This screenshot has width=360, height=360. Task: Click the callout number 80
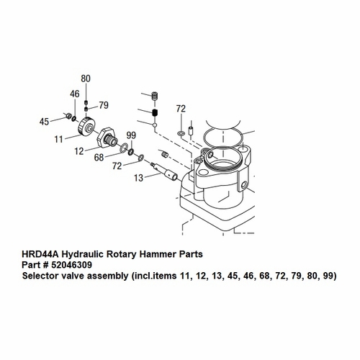(x=86, y=78)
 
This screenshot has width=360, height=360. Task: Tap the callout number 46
(x=74, y=94)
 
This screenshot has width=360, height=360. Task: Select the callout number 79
(x=104, y=105)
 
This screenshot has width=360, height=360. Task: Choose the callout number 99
(x=131, y=135)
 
